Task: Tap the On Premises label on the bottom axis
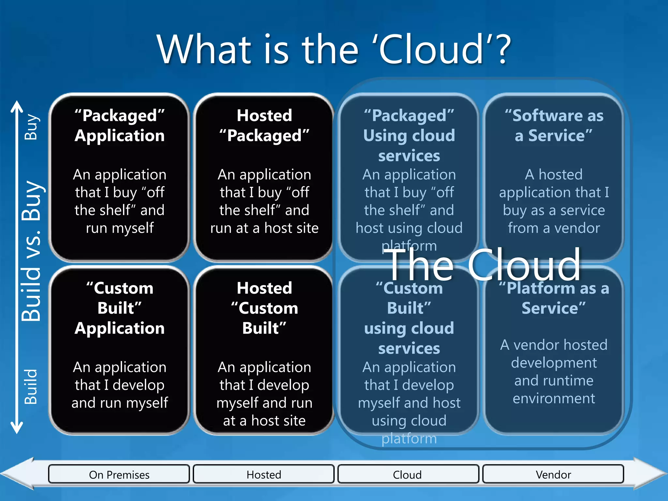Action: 119,475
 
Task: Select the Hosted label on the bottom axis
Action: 264,475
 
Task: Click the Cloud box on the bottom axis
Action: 408,475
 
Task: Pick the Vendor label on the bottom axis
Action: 553,475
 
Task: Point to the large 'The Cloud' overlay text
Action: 483,265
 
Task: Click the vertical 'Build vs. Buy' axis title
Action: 32,251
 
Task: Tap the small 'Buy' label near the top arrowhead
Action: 32,127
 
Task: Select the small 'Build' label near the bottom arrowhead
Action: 32,387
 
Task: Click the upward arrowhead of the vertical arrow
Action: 17,106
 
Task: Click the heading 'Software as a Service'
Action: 554,126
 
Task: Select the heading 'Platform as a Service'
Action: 554,298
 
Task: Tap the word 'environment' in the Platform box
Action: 554,399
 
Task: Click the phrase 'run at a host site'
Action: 264,228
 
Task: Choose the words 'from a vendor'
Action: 554,228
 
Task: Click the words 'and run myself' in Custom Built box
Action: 120,403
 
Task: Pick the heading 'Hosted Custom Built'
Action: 264,308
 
